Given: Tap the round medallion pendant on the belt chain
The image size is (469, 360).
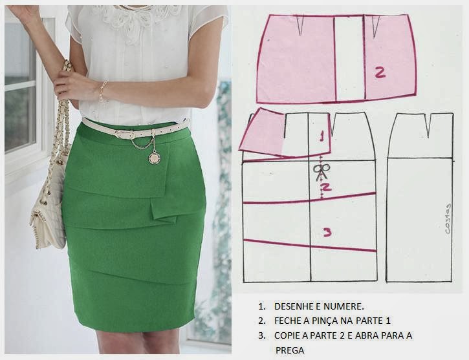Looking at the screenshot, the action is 154,158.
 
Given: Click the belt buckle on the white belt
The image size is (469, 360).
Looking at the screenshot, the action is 123,134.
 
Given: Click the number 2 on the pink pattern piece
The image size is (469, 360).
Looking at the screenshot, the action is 380,73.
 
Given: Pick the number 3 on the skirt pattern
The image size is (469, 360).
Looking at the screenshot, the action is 327,232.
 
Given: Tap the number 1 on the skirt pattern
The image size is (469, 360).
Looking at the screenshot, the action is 322,136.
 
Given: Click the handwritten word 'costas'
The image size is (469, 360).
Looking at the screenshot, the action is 448,218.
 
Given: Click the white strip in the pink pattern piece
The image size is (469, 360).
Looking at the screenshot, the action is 349,58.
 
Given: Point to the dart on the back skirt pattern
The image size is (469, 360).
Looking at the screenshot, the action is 430,125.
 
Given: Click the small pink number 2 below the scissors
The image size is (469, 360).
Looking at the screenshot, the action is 326,187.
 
